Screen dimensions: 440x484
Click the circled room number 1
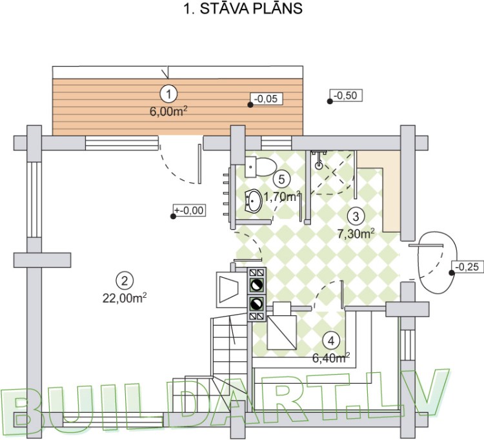pyautogui.click(x=169, y=94)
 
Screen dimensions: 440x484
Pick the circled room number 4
pyautogui.click(x=330, y=340)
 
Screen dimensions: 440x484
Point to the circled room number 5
pyautogui.click(x=279, y=179)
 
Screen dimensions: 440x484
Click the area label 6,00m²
pyautogui.click(x=168, y=110)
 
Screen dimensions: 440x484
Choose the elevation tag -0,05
pyautogui.click(x=265, y=99)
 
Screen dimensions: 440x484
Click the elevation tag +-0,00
pyautogui.click(x=190, y=210)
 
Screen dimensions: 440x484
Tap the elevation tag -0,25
pyautogui.click(x=465, y=266)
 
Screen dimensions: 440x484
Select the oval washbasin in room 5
pyautogui.click(x=254, y=201)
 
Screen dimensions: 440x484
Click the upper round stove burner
pyautogui.click(x=256, y=283)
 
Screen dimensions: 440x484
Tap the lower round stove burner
pyautogui.click(x=256, y=303)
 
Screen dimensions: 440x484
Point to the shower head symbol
pyautogui.click(x=318, y=164)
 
